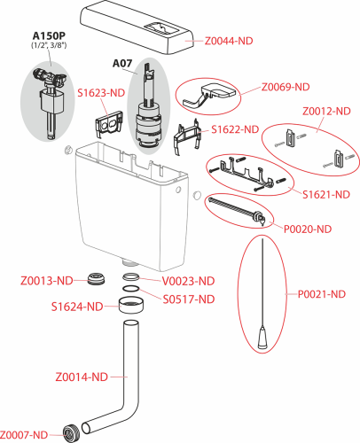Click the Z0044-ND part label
coord(229,41)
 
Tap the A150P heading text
coord(49,35)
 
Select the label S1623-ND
coord(101,93)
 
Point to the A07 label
coord(122,63)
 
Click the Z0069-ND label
coord(286,87)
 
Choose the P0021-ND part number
coord(322,294)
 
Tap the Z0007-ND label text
coord(24,435)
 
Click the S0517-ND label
coord(189,299)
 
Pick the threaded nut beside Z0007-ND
coord(70,433)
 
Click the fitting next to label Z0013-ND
coord(96,279)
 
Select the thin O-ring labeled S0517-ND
coord(130,289)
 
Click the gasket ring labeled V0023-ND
coord(130,277)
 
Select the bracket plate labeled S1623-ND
coord(109,123)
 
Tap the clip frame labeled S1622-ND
coord(187,136)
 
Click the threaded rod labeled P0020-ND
coord(237,212)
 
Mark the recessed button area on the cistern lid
coord(161,28)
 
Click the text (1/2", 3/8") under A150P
coord(49,45)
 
